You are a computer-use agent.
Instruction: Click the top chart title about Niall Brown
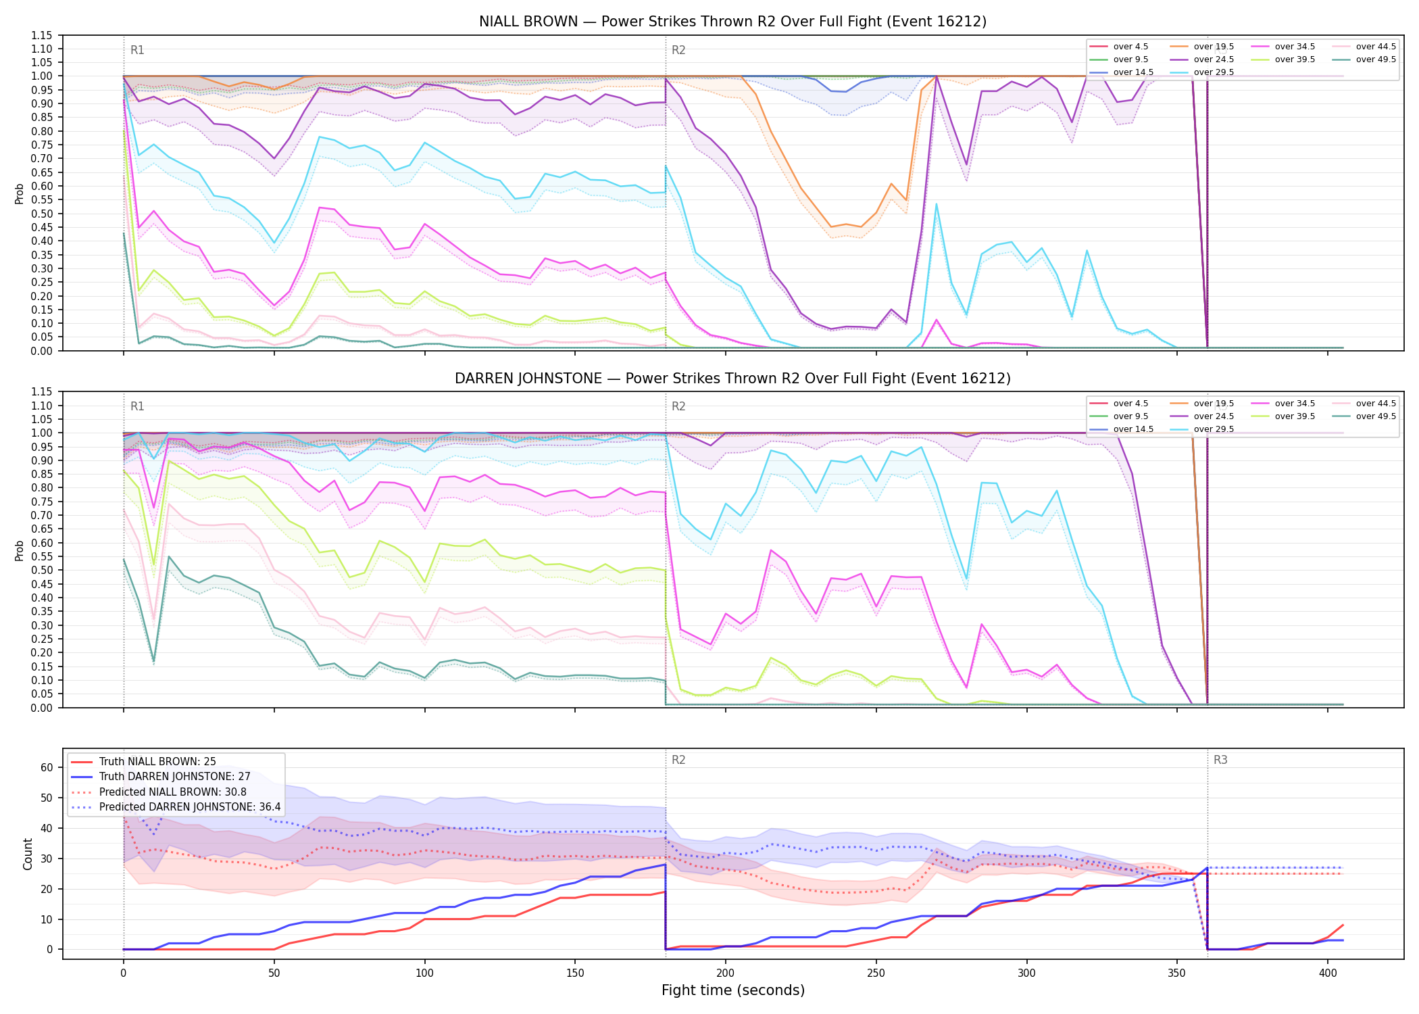[732, 22]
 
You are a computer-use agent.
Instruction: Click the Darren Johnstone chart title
[732, 379]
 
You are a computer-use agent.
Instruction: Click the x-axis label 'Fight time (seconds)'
[733, 990]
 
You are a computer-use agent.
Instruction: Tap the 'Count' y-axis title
[28, 854]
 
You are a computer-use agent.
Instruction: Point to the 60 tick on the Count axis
[47, 767]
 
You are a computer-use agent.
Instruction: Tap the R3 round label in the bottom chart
[1220, 760]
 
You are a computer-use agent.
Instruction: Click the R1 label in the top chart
[137, 50]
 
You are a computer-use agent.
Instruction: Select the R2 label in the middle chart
[678, 406]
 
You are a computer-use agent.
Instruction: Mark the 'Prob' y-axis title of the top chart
[20, 194]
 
